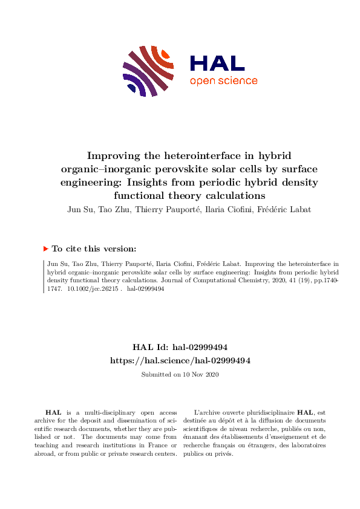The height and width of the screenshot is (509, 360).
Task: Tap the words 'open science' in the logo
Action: [224, 81]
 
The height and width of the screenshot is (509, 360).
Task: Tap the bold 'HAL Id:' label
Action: [151, 347]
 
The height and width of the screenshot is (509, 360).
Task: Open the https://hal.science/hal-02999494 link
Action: [180, 360]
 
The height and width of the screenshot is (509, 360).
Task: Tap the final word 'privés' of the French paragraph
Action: [223, 454]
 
